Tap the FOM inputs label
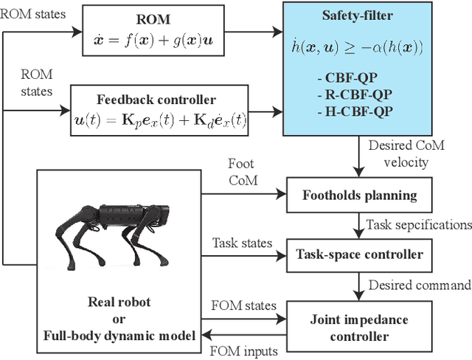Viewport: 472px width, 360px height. (243, 351)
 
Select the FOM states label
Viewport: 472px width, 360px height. (243, 305)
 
